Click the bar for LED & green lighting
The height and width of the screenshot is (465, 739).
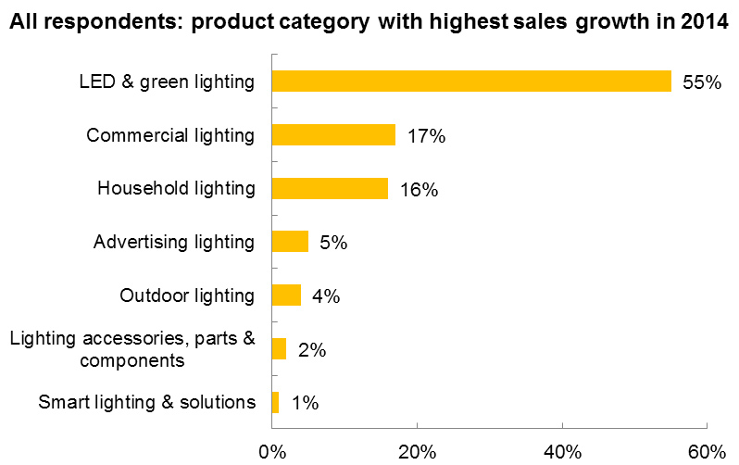[471, 82]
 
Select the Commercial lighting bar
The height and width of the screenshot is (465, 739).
[333, 135]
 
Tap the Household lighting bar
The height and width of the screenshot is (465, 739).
[330, 189]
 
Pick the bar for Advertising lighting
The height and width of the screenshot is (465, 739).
[290, 242]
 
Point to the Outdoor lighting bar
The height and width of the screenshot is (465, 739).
[286, 295]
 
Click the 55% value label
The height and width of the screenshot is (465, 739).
[701, 82]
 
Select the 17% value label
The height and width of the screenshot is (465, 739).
[426, 136]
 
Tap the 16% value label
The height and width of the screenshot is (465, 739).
[419, 190]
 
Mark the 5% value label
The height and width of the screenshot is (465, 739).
[333, 243]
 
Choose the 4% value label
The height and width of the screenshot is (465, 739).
[326, 296]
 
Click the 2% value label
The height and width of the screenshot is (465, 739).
[311, 350]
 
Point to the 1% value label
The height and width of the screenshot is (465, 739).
[305, 403]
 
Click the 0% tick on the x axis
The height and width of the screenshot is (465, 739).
[271, 452]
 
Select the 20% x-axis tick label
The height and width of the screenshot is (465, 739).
[417, 452]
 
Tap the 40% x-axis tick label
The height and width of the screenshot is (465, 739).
[562, 452]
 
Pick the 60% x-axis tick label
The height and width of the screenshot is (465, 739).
[708, 452]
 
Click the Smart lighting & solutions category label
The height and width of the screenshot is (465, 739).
[146, 402]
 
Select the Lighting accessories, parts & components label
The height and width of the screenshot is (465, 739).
[132, 349]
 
